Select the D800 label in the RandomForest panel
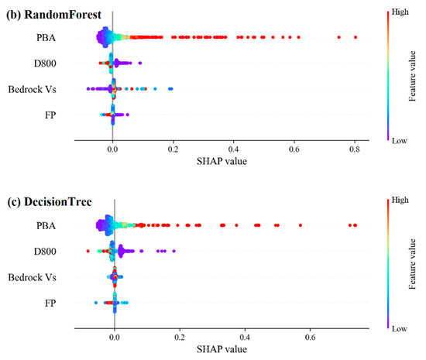(43, 64)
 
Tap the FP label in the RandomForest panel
(50, 116)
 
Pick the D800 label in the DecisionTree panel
(43, 251)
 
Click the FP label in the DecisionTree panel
(50, 303)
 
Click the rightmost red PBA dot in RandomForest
(356, 37)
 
